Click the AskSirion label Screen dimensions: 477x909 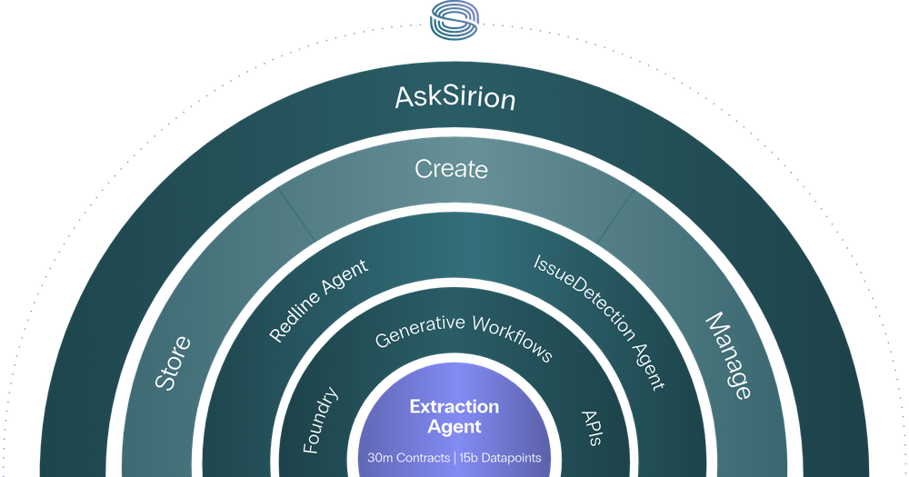coord(455,97)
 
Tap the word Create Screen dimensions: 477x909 coord(452,169)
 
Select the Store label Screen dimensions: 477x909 coord(173,363)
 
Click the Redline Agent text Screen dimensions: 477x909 coord(319,301)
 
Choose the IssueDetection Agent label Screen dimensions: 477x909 coord(597,321)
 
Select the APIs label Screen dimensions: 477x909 coord(591,427)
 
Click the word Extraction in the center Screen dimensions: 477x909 coord(454,406)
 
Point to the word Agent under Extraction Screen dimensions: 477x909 coord(454,426)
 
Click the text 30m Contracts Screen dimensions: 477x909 coord(405,458)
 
